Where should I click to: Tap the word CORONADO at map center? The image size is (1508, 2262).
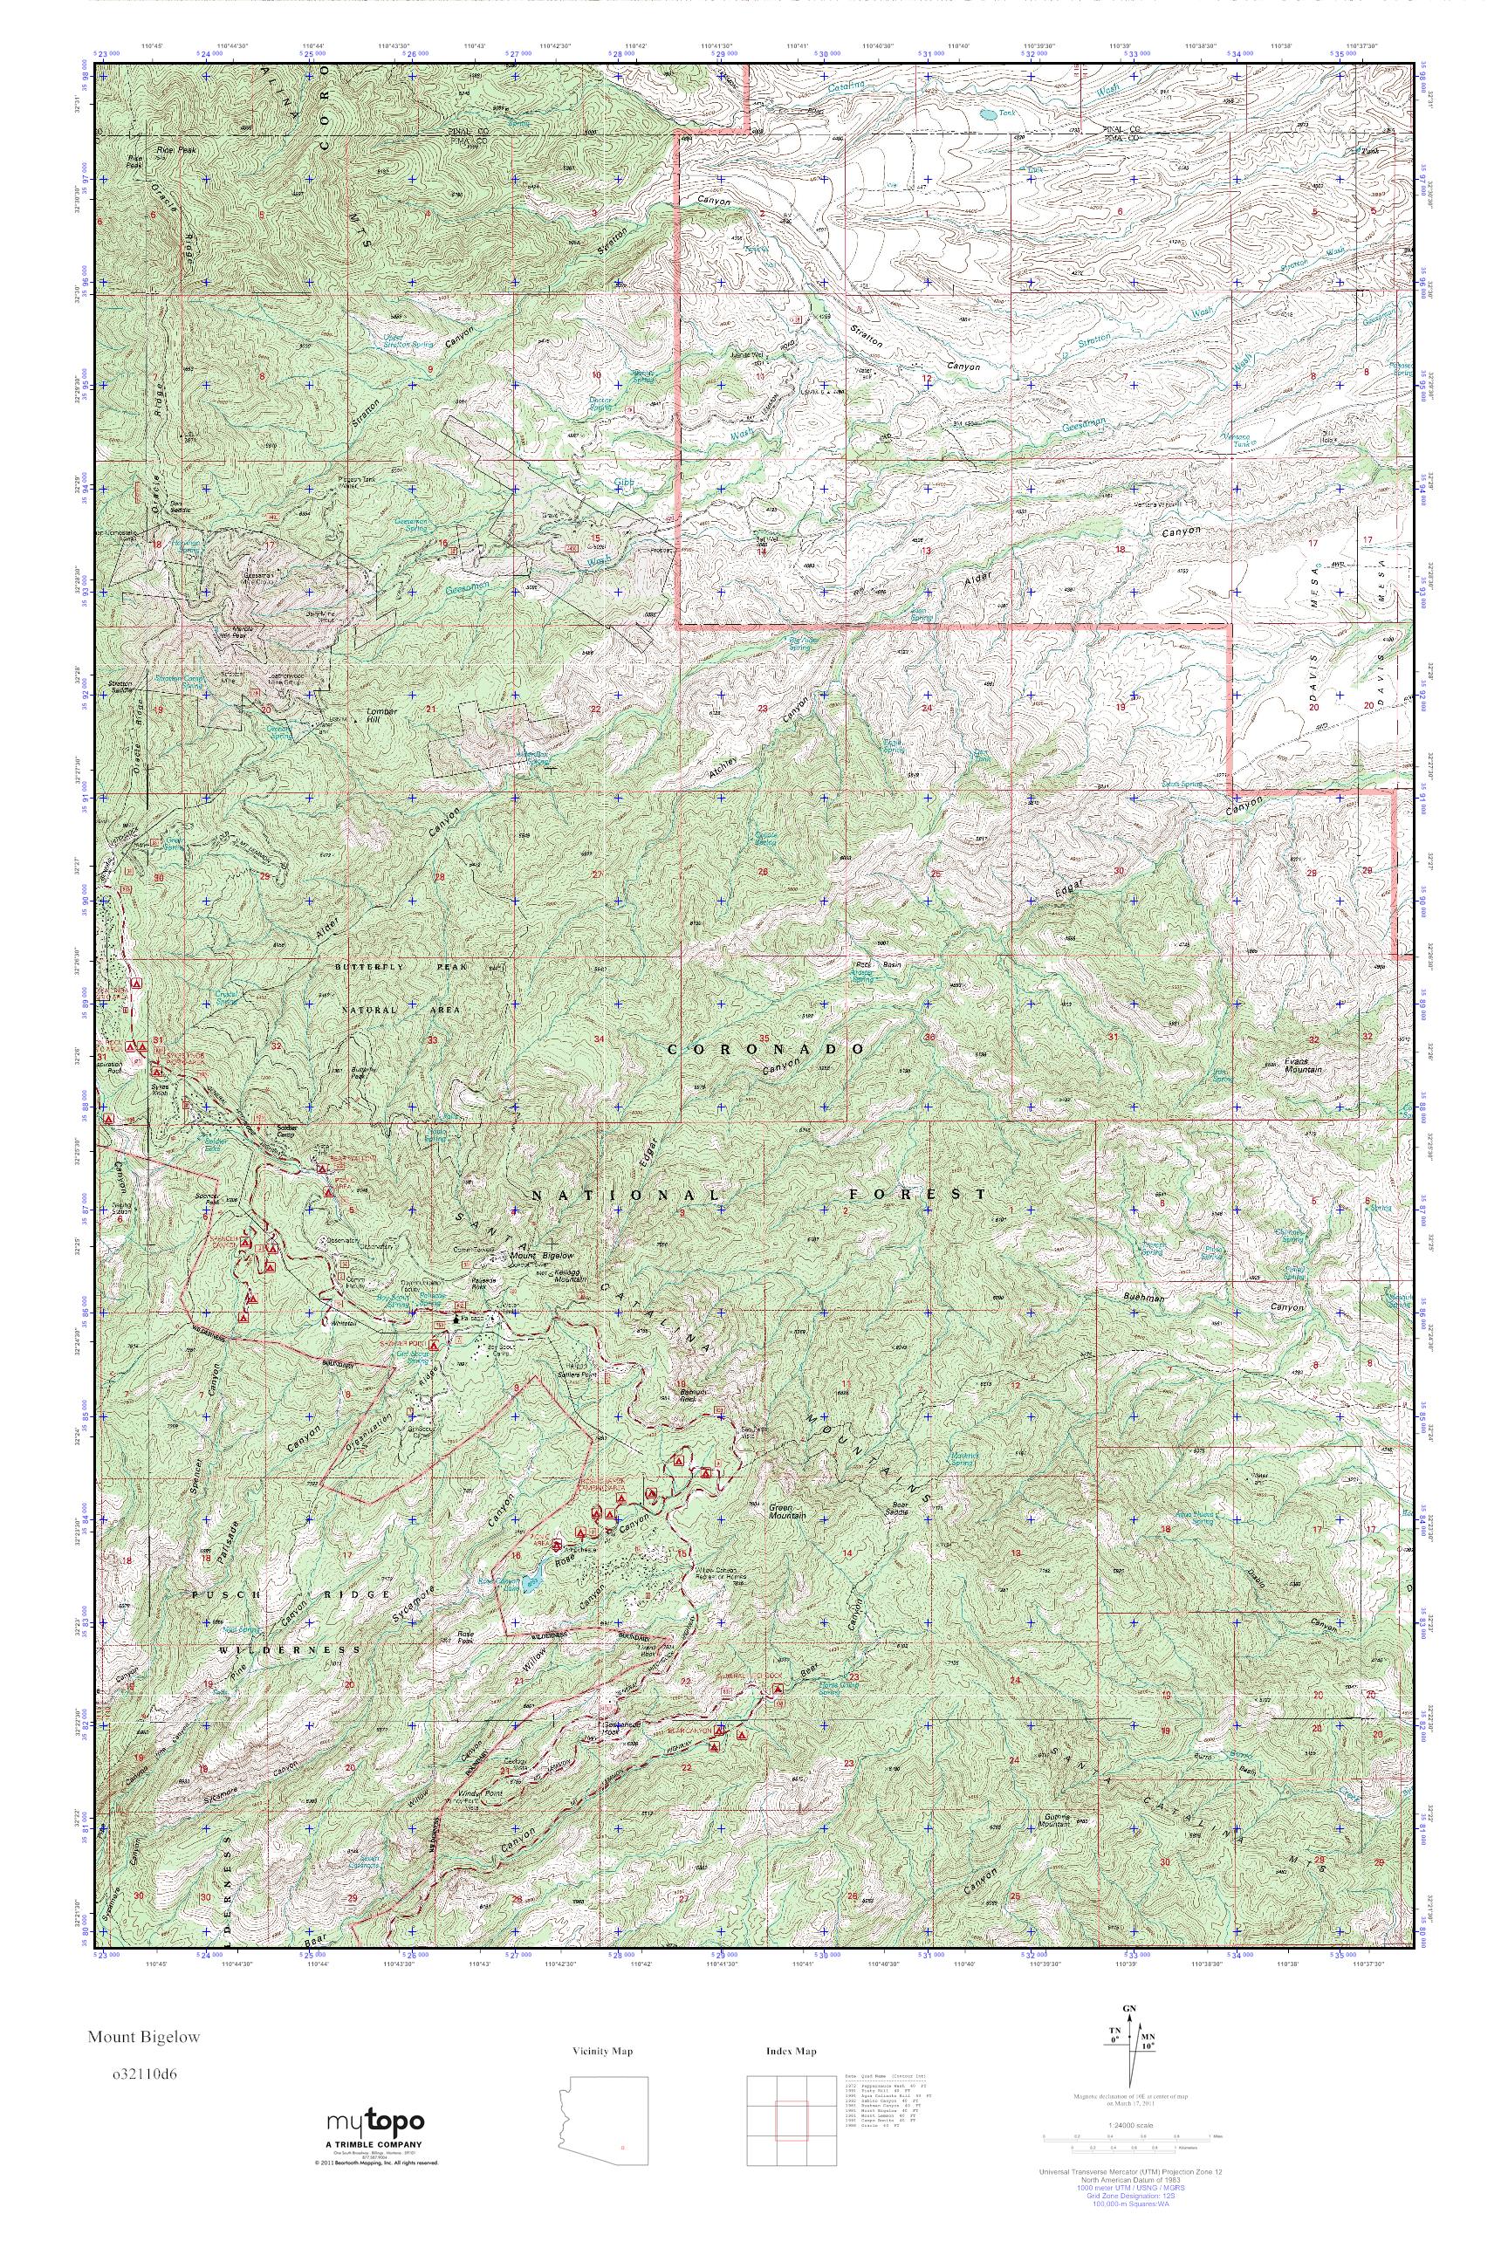click(765, 1047)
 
